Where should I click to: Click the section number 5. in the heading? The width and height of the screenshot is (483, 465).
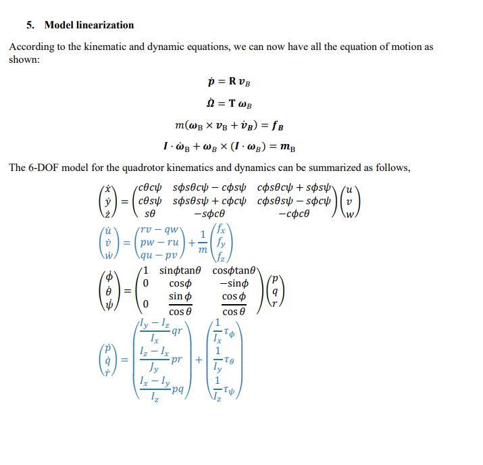tap(30, 25)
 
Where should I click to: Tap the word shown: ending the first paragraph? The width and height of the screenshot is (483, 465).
tap(24, 59)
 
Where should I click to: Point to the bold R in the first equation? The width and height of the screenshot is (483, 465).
tap(232, 82)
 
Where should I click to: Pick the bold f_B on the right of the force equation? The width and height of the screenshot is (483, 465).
tap(276, 126)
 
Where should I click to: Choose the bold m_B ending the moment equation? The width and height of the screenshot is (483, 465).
tap(287, 147)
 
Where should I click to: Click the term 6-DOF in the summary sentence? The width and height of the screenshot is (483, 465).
tap(42, 168)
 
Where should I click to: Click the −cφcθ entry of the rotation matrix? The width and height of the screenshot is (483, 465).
tap(294, 214)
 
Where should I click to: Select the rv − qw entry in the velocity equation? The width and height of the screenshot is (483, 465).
tap(161, 229)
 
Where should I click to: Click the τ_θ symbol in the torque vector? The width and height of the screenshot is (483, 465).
tap(229, 362)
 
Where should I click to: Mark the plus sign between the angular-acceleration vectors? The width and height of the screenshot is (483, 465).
tap(199, 360)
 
